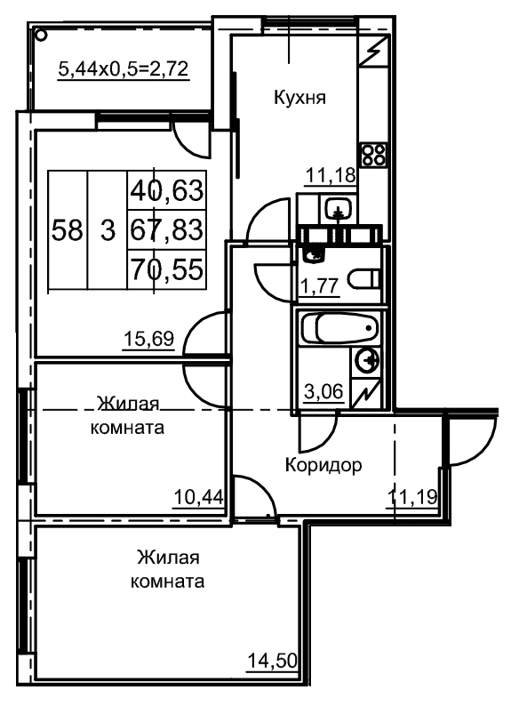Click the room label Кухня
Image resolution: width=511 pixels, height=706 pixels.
tap(299, 99)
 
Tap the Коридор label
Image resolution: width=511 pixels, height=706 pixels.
tap(323, 464)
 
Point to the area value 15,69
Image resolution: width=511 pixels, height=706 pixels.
tap(149, 338)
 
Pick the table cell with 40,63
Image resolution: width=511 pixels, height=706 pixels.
tap(167, 190)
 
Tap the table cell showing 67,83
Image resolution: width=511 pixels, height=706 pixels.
tap(167, 229)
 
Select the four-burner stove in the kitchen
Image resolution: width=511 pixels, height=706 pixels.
tap(373, 155)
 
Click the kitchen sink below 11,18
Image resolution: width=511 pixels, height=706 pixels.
tap(338, 210)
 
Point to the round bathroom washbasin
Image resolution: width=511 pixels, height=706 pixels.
tap(368, 361)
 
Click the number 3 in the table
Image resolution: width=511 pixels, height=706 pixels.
tap(108, 230)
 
